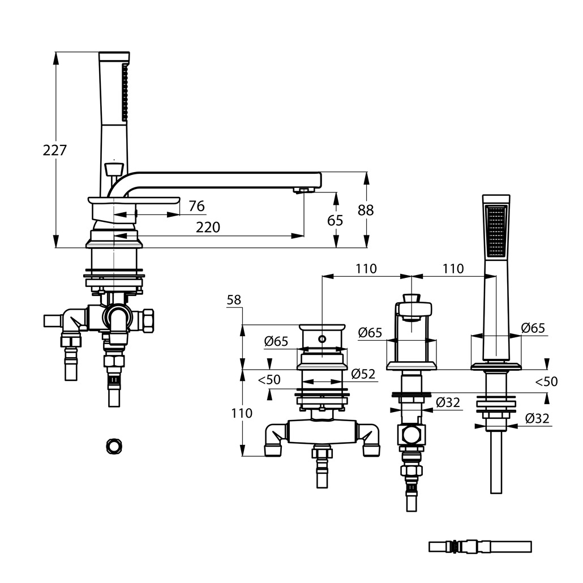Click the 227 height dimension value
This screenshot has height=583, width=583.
[x=55, y=151]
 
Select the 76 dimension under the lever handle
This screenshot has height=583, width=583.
[x=196, y=206]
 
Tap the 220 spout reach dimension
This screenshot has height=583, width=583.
[x=208, y=228]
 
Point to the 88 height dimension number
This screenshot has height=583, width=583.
[x=365, y=210]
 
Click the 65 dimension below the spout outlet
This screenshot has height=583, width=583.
[x=335, y=220]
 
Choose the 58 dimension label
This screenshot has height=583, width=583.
[x=234, y=300]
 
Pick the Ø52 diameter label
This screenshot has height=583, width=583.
[x=363, y=374]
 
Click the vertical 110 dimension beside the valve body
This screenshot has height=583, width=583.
[x=242, y=413]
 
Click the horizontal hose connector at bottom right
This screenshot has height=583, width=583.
[x=480, y=547]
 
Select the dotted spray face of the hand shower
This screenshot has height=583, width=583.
[x=496, y=232]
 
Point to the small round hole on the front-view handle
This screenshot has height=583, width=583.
[x=321, y=339]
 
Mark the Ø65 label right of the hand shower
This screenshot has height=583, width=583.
[x=533, y=328]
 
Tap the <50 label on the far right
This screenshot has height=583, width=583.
[x=546, y=382]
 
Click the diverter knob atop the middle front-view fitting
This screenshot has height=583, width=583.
[x=412, y=298]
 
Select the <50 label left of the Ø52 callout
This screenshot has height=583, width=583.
[x=269, y=380]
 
